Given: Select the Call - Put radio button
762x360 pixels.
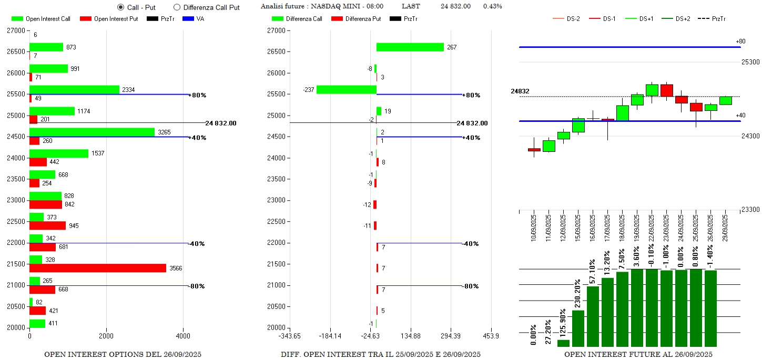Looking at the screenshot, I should (121, 7).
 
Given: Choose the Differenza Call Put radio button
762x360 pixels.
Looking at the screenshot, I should (177, 7).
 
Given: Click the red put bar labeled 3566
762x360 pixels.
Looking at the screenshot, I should (97, 268).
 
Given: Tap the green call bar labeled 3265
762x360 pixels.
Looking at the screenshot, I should (92, 132).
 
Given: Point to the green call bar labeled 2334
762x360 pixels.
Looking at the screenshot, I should (74, 90).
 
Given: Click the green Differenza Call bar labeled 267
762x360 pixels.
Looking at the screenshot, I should (410, 47).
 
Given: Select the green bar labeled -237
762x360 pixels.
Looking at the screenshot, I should (346, 90).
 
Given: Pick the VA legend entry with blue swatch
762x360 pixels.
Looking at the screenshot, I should (194, 19).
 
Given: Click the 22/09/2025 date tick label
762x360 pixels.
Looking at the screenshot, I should (652, 227).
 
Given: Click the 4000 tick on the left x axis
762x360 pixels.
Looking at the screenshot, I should (183, 335).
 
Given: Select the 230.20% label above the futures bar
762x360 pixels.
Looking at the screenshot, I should (578, 293).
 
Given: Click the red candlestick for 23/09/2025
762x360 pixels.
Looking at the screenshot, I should (667, 90).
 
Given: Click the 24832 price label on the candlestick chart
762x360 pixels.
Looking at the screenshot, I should (520, 91).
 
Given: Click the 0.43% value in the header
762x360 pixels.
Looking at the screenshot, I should (492, 6).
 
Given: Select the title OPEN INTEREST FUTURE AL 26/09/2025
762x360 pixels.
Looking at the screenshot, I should (638, 355).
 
